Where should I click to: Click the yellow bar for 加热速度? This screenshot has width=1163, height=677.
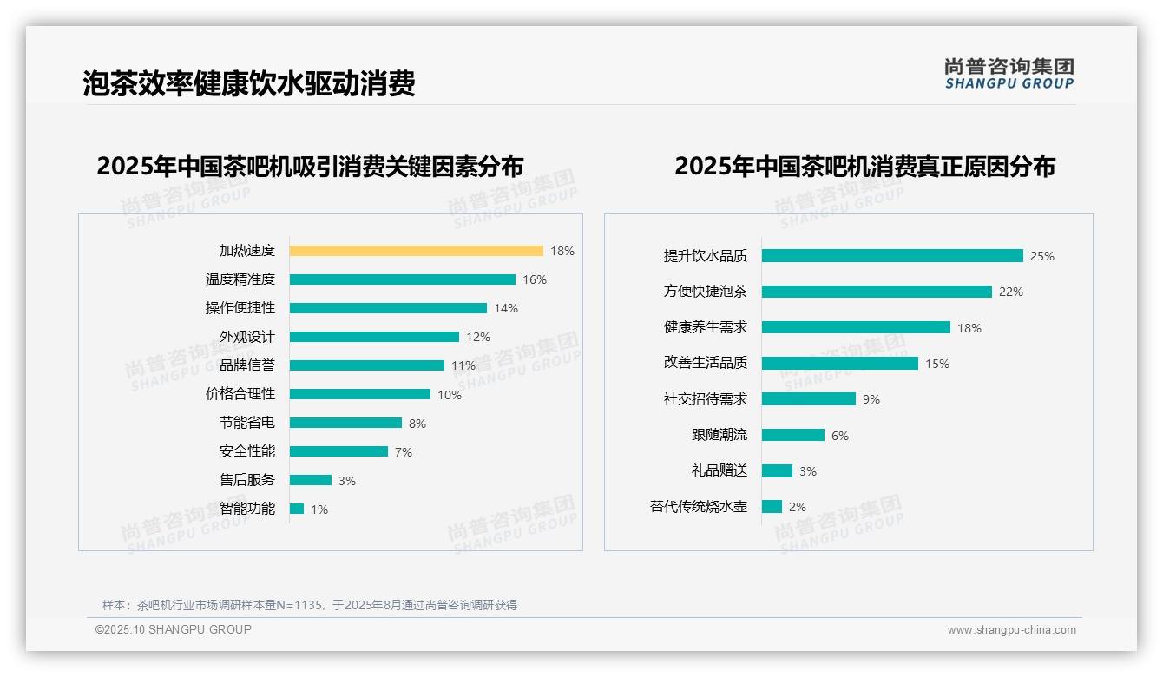(x=416, y=251)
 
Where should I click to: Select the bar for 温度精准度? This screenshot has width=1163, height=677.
(x=402, y=279)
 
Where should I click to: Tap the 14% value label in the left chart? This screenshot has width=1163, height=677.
(x=506, y=308)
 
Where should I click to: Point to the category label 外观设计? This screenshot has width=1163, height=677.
(x=246, y=337)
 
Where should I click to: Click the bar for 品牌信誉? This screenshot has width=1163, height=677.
(x=366, y=365)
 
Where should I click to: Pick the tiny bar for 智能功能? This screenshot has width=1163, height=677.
(x=297, y=509)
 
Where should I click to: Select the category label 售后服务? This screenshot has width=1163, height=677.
(x=246, y=480)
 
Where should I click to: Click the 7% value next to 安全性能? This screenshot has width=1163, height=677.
(x=404, y=452)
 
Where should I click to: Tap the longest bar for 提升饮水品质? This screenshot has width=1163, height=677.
(x=892, y=256)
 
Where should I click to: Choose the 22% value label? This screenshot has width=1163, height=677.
(x=1011, y=292)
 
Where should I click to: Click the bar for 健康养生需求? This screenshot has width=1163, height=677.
(x=856, y=327)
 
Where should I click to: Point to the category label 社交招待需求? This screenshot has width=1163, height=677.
(x=706, y=399)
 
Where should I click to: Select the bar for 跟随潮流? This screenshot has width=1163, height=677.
(x=793, y=435)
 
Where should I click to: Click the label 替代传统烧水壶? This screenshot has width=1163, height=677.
(x=699, y=507)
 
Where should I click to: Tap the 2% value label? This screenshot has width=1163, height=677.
(x=798, y=507)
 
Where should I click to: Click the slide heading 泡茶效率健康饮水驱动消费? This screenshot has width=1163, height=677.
(x=249, y=83)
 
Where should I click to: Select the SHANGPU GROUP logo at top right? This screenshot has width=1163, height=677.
(x=1009, y=74)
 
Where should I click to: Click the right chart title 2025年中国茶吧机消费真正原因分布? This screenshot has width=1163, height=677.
(x=864, y=167)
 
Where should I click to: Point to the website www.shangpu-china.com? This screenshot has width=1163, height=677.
(x=1011, y=630)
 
